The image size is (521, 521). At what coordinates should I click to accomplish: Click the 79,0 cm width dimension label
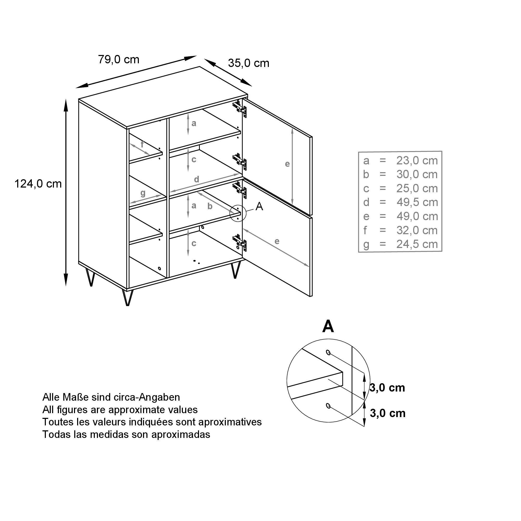119,60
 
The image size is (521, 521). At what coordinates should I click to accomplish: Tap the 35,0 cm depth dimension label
249,63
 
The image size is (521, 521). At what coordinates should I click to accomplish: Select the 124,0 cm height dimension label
38,184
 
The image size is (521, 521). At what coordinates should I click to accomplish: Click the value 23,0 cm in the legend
417,161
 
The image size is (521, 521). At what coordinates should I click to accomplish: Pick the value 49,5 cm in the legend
417,202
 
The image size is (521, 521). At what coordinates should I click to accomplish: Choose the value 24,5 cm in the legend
417,244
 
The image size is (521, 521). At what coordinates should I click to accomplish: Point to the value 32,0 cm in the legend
417,231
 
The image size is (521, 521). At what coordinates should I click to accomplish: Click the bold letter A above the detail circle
328,327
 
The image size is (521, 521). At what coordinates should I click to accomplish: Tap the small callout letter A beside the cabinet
259,207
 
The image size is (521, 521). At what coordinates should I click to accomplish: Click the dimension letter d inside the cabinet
197,179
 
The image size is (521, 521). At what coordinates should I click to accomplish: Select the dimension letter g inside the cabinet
143,193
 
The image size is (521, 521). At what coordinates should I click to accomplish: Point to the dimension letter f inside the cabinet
142,145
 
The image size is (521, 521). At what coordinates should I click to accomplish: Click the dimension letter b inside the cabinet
210,206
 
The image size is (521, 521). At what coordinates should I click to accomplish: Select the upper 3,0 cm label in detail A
387,388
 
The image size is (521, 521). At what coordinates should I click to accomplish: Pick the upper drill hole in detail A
328,352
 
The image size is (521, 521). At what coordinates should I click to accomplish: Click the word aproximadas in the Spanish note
181,435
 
